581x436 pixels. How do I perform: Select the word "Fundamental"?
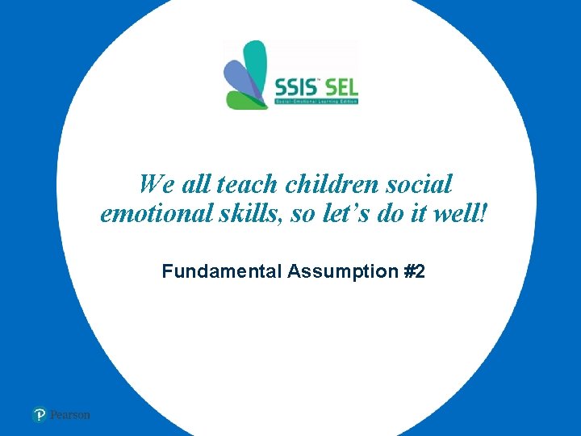coord(220,272)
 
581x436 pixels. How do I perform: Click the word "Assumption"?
coord(341,272)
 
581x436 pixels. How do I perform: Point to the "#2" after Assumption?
coord(413,272)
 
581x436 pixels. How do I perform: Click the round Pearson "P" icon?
coord(40,415)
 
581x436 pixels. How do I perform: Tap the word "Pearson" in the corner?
coord(70,415)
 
